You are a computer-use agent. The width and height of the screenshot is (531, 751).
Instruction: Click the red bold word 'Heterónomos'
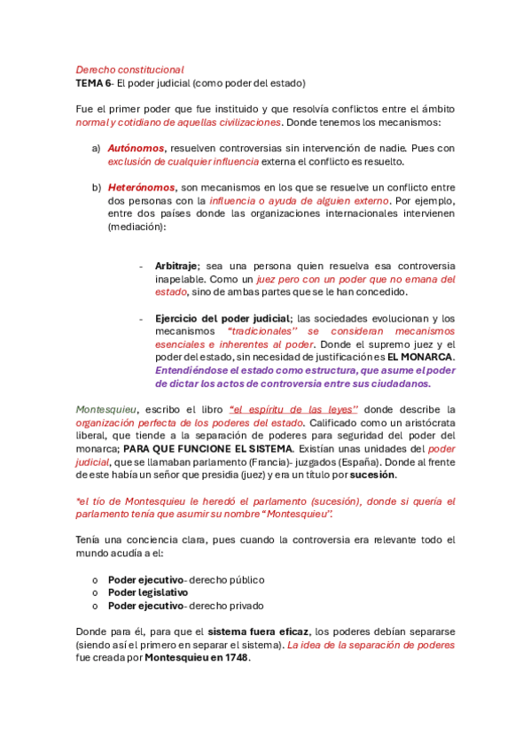click(141, 188)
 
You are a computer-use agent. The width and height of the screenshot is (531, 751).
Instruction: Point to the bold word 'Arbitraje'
click(175, 266)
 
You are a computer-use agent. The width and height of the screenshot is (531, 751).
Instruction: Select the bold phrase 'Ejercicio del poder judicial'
click(222, 318)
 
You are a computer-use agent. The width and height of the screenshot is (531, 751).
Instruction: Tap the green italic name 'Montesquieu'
click(105, 409)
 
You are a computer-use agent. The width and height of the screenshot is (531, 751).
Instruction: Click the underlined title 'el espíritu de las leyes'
click(293, 409)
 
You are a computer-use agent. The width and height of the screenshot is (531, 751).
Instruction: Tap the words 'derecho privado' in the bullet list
click(226, 606)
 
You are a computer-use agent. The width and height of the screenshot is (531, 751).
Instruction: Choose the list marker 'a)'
click(96, 148)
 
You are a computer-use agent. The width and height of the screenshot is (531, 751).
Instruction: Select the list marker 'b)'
click(96, 188)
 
